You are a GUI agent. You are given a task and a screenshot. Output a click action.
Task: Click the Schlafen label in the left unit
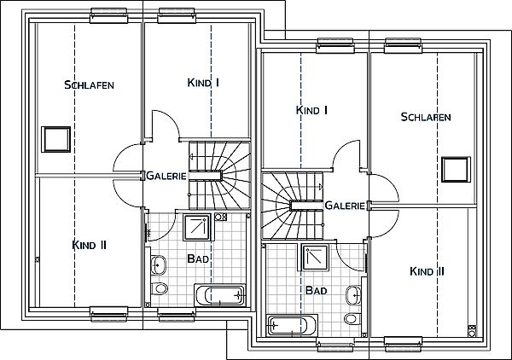coord(89,84)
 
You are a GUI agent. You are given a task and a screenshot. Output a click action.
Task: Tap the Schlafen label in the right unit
coord(426,117)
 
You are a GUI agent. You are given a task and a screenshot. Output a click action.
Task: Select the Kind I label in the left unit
coord(203,83)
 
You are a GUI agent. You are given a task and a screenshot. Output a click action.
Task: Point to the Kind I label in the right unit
coord(311,110)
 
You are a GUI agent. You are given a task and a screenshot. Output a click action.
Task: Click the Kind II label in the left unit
coord(89,245)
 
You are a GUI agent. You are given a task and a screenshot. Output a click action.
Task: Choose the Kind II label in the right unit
coord(427,271)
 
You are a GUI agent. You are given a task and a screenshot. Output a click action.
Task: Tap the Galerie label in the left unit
coord(166,176)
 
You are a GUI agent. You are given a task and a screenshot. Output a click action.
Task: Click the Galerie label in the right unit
coord(345,206)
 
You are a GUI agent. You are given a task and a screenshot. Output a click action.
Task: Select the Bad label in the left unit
coord(198,258)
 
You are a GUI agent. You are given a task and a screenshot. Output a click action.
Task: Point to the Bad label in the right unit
coord(316,290)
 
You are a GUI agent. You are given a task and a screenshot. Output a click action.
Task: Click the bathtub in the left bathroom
coord(220,295)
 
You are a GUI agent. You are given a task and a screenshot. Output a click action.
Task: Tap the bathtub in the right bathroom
coord(292,325)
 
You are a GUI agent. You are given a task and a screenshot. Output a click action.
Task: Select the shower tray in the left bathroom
coord(196,227)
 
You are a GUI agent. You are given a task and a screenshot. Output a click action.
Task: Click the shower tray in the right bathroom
coord(316,258)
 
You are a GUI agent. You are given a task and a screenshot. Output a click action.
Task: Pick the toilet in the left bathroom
coord(160,288)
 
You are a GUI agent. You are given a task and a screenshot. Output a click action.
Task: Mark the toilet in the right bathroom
coord(352,318)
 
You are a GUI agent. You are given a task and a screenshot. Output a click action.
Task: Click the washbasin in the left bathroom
coord(159,264)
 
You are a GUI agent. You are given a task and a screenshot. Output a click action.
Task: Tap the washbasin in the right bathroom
coord(353,295)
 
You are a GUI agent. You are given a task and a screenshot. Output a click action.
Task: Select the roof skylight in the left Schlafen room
coord(55,139)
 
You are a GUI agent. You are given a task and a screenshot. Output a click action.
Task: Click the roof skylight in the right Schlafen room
coord(457,170)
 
